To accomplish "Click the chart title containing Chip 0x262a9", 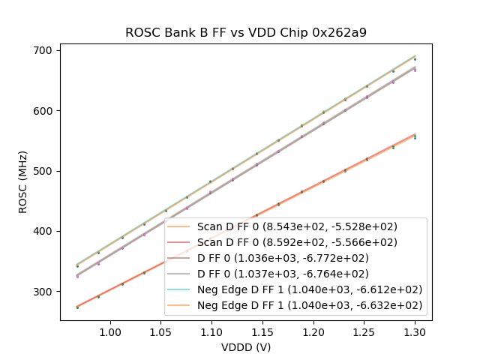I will click(x=245, y=32).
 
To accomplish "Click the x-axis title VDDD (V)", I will click(x=245, y=347).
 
